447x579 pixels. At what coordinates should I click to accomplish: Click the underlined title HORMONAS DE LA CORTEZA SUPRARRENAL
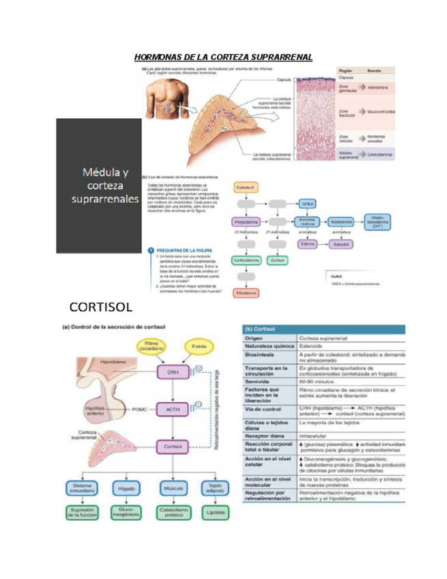click(222, 58)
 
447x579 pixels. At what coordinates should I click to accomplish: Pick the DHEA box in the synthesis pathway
click(306, 203)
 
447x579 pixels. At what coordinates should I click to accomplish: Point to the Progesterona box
click(246, 222)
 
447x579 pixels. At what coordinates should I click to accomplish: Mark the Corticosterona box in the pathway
click(246, 260)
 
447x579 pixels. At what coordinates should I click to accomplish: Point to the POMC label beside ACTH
click(139, 408)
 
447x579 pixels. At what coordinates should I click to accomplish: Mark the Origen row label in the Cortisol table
click(256, 338)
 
